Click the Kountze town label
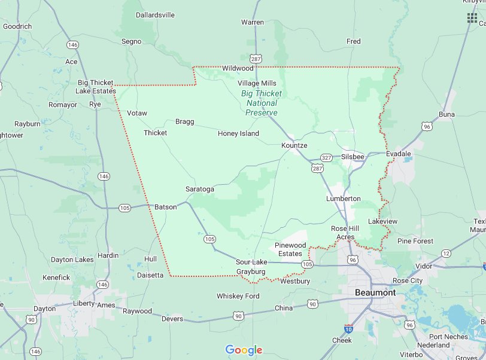click(x=294, y=145)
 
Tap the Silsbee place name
click(x=353, y=157)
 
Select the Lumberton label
click(x=343, y=198)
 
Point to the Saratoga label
click(x=199, y=189)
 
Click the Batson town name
click(x=166, y=207)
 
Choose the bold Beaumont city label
click(x=375, y=292)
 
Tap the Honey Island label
click(x=238, y=133)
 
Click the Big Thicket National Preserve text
click(x=261, y=103)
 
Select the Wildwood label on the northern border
click(x=238, y=68)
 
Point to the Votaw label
click(x=137, y=113)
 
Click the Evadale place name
click(x=398, y=154)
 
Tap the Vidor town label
click(x=423, y=266)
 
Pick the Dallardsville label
click(x=147, y=14)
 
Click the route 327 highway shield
click(x=326, y=157)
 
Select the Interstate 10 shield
click(x=348, y=328)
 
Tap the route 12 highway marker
click(x=446, y=254)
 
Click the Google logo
click(x=244, y=350)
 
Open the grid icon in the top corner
click(x=472, y=17)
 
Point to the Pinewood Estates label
click(x=290, y=249)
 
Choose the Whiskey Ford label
click(x=238, y=296)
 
